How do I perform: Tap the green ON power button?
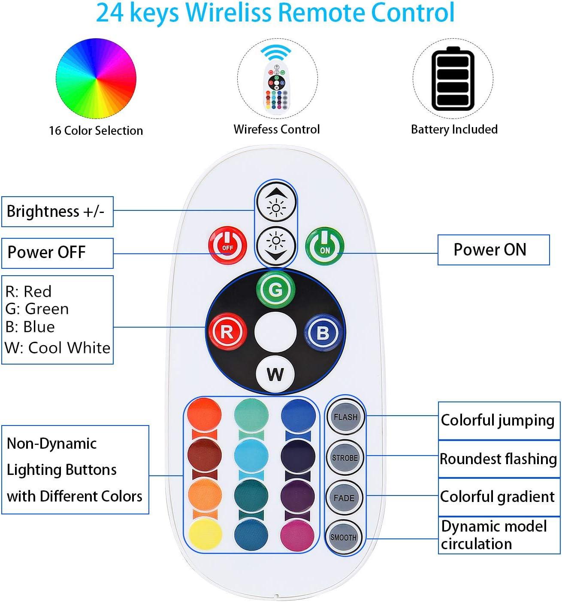[324, 246]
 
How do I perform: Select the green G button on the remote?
[275, 289]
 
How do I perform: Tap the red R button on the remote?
[227, 332]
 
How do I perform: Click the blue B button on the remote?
[323, 332]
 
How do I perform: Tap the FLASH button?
[346, 417]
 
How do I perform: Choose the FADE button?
[344, 498]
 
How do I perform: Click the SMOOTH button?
[343, 538]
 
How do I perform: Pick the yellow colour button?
[205, 534]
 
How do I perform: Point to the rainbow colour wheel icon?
[96, 78]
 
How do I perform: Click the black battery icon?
[453, 79]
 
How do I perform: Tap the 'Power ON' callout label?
[493, 250]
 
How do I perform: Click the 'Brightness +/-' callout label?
[57, 212]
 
